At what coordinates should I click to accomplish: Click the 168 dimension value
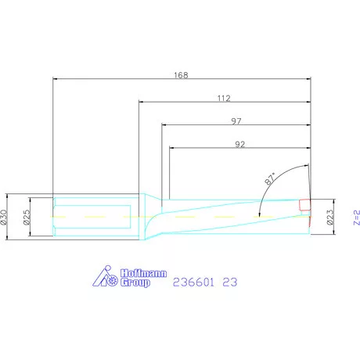[181, 75]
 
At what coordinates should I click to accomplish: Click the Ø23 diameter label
[330, 217]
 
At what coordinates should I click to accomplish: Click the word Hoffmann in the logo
[138, 273]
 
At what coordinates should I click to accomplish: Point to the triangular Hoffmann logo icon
[103, 278]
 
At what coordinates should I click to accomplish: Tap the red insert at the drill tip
[304, 205]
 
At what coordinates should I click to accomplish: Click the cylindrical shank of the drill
[94, 216]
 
